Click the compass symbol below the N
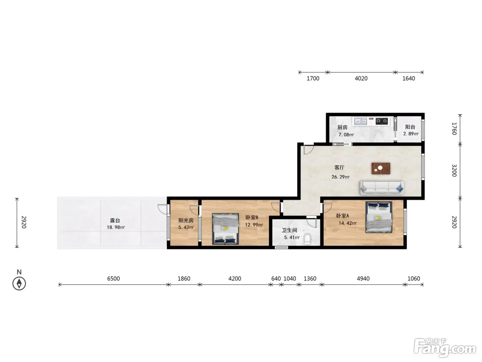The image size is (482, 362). tap(19, 283)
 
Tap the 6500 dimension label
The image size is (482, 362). tap(114, 279)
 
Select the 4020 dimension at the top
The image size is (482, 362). tap(361, 78)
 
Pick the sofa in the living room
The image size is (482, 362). tap(382, 188)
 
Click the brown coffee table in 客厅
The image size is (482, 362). tap(381, 168)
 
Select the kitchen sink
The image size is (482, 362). tap(360, 121)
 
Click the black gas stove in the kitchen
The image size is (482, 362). tap(382, 121)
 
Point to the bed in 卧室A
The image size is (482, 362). tap(379, 217)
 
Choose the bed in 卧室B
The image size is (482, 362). tap(225, 229)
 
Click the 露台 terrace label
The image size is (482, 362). tap(115, 220)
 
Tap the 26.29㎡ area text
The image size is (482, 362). tap(340, 177)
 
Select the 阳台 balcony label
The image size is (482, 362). tap(410, 127)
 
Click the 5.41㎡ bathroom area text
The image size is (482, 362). tap(292, 238)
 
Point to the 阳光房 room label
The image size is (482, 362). tap(186, 220)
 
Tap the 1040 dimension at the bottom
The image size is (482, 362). tap(290, 279)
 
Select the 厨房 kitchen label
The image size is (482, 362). tap(342, 127)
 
